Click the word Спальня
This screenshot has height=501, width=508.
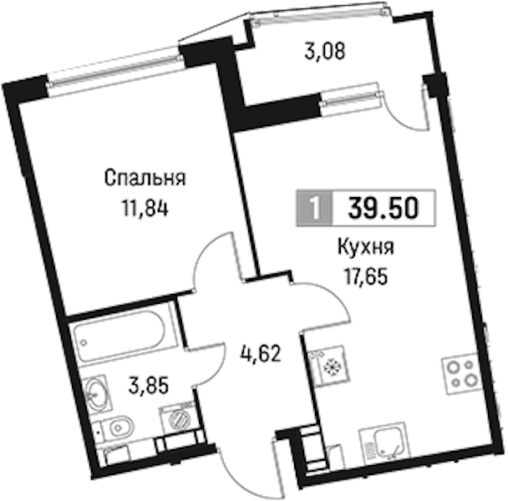[x=145, y=179]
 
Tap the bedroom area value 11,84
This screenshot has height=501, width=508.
[x=145, y=208]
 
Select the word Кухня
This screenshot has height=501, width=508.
[x=366, y=248]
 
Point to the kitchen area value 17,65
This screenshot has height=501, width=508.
[x=366, y=277]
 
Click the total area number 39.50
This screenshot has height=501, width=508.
[x=384, y=208]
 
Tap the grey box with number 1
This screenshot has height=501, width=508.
[x=314, y=208]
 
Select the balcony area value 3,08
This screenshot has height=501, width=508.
[x=325, y=52]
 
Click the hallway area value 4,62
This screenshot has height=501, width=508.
[x=260, y=354]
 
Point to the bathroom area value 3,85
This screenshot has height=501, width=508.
[x=149, y=386]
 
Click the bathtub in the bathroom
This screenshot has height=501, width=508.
[x=119, y=336]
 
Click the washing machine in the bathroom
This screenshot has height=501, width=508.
[x=178, y=420]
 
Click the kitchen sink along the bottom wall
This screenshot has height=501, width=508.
[x=385, y=444]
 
